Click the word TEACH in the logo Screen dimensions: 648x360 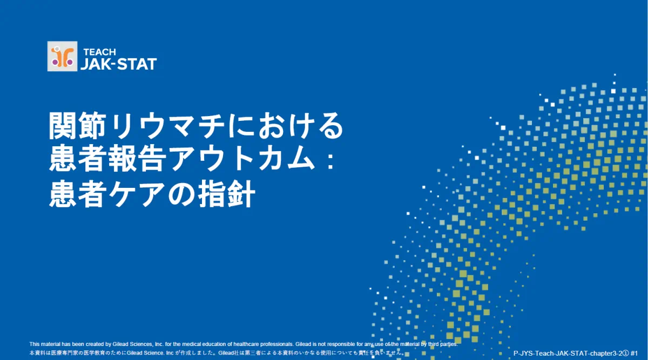pos(99,52)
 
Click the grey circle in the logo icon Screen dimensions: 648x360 pos(57,49)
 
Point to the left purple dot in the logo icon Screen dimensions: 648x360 pos(55,62)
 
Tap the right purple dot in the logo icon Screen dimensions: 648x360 pos(70,62)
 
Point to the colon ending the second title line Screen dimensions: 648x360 pos(330,160)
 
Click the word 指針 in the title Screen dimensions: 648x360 pos(227,193)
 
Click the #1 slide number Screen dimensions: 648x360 pos(634,354)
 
